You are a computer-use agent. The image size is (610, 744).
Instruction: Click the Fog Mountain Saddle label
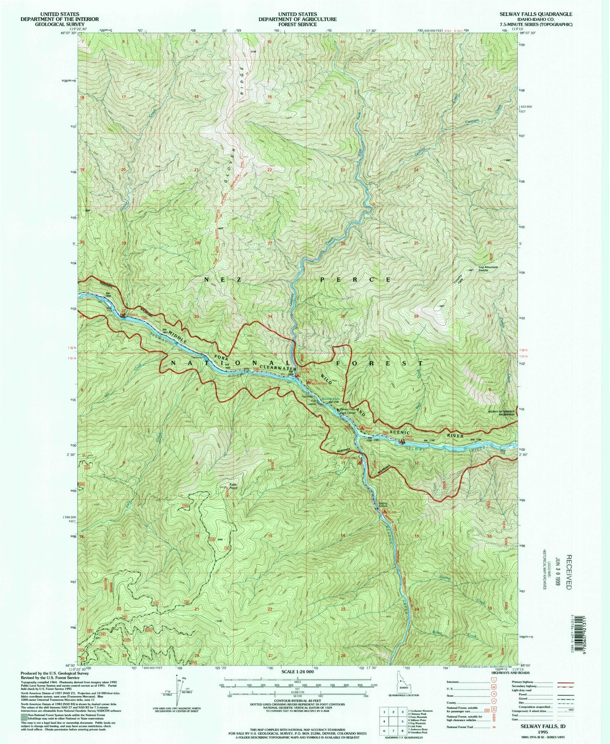(488, 268)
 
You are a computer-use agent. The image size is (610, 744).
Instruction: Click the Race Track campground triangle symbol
(362, 427)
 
